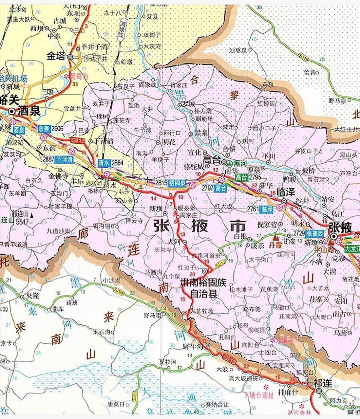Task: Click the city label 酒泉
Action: pos(29,111)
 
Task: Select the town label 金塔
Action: pos(56,56)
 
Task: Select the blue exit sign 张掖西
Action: pos(315,233)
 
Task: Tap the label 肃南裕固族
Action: pos(203,283)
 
